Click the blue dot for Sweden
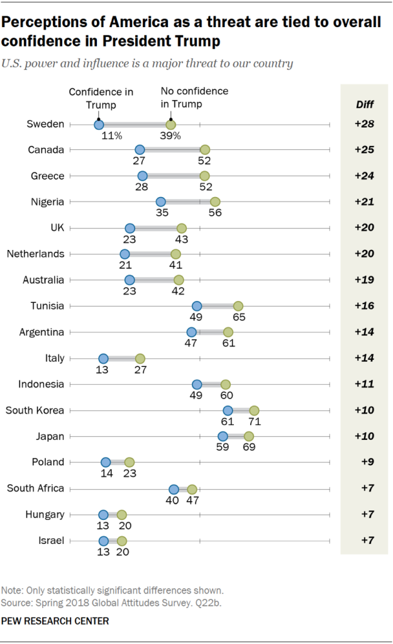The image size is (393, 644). pos(99,125)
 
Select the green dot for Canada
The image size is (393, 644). pos(204,150)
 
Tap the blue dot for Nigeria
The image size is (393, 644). pos(160,201)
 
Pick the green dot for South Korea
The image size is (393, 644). pos(254,410)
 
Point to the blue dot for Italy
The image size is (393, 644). pos(103,358)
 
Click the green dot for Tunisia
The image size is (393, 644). pos(238,306)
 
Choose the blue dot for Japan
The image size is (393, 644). pos(223,436)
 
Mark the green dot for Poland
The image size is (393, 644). pos(129,463)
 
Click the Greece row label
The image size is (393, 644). pos(48,176)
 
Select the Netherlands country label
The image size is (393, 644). pos(35,254)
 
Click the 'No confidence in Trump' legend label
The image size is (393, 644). pos(194,97)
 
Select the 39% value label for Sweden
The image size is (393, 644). pos(170,135)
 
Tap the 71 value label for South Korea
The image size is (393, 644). pos(254,422)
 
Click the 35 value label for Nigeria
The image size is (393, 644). pos(160,213)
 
